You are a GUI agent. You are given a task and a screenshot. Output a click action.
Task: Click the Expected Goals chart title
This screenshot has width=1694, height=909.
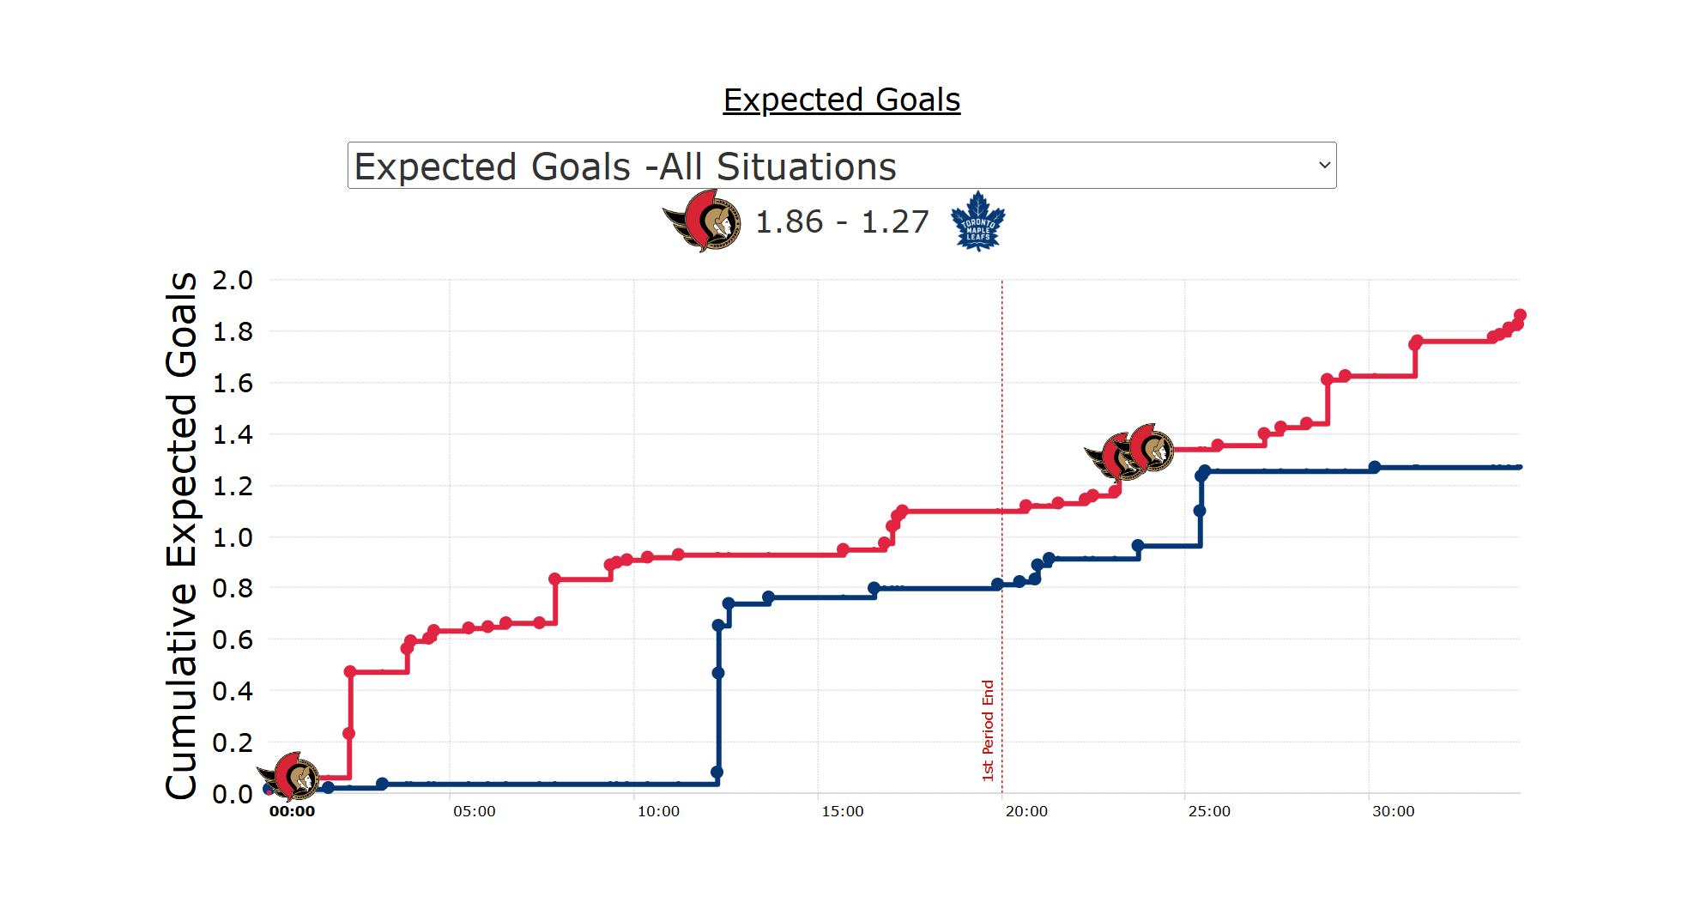click(841, 100)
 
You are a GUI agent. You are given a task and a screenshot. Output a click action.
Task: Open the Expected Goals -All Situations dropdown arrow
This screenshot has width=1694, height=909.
click(1324, 165)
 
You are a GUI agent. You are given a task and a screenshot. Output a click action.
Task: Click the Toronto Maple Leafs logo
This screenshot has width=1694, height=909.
click(977, 221)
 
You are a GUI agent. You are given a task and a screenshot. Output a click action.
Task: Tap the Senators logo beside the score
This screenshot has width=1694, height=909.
click(703, 221)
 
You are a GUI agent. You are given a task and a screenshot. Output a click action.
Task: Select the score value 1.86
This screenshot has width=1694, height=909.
click(789, 221)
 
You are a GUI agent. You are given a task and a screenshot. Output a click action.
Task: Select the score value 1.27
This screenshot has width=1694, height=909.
click(894, 221)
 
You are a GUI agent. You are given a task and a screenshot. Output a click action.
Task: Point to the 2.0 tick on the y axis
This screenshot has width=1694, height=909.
click(233, 280)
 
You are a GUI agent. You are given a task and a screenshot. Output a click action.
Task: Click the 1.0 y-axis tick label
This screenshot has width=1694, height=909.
click(233, 537)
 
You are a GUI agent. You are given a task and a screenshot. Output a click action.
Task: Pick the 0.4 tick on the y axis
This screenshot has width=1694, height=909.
click(233, 691)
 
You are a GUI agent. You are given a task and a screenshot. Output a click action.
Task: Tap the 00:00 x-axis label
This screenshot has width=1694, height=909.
click(292, 811)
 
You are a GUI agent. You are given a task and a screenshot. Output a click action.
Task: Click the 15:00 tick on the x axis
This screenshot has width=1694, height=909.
click(842, 811)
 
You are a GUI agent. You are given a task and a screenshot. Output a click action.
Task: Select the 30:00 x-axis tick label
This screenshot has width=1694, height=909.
click(1393, 811)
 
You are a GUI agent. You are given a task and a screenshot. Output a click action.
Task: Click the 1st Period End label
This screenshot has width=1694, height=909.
click(988, 730)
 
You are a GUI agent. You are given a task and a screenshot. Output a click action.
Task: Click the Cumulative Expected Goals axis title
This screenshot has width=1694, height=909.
click(181, 536)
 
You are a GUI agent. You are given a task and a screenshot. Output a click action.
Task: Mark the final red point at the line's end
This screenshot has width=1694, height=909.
click(1520, 315)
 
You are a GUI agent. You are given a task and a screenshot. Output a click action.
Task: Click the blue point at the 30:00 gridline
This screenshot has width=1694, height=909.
click(1374, 467)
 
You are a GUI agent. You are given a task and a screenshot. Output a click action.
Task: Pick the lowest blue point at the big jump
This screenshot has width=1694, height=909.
click(717, 772)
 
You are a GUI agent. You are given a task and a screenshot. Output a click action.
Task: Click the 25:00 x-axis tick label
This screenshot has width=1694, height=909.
click(1209, 811)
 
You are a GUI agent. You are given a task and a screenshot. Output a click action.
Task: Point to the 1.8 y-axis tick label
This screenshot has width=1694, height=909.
click(233, 331)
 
